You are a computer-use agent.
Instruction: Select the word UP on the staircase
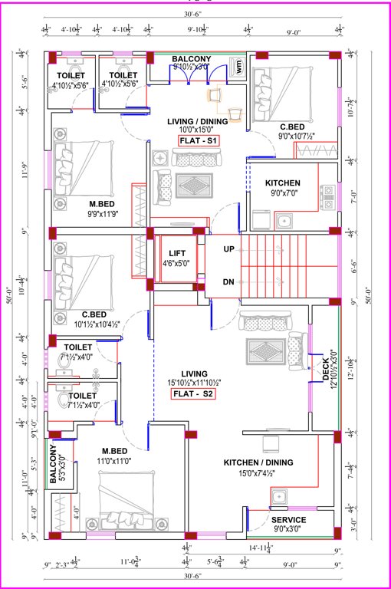(228, 249)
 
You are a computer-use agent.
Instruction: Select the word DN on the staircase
(228, 281)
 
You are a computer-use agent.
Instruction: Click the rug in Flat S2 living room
(262, 351)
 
